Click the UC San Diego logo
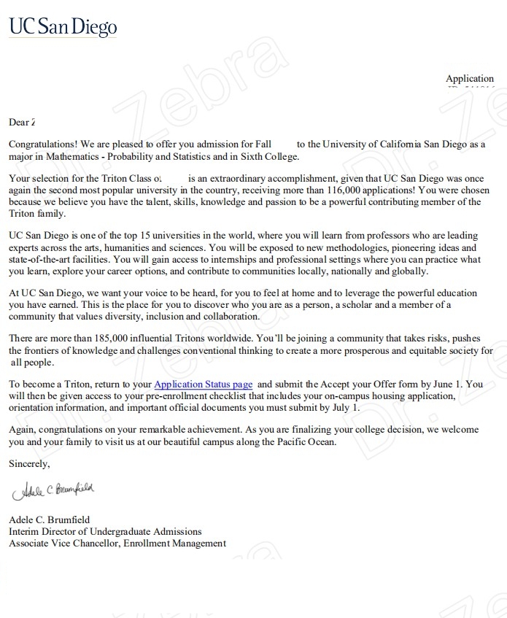coord(63,28)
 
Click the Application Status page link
coord(203,384)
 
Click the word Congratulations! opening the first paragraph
coord(42,144)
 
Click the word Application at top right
coord(470,79)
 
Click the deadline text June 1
coord(448,384)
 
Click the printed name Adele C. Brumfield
coord(50,519)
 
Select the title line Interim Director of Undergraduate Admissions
coord(105,531)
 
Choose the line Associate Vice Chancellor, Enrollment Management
coord(117,543)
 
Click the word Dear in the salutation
coord(19,122)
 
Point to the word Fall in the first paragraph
coord(263,144)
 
